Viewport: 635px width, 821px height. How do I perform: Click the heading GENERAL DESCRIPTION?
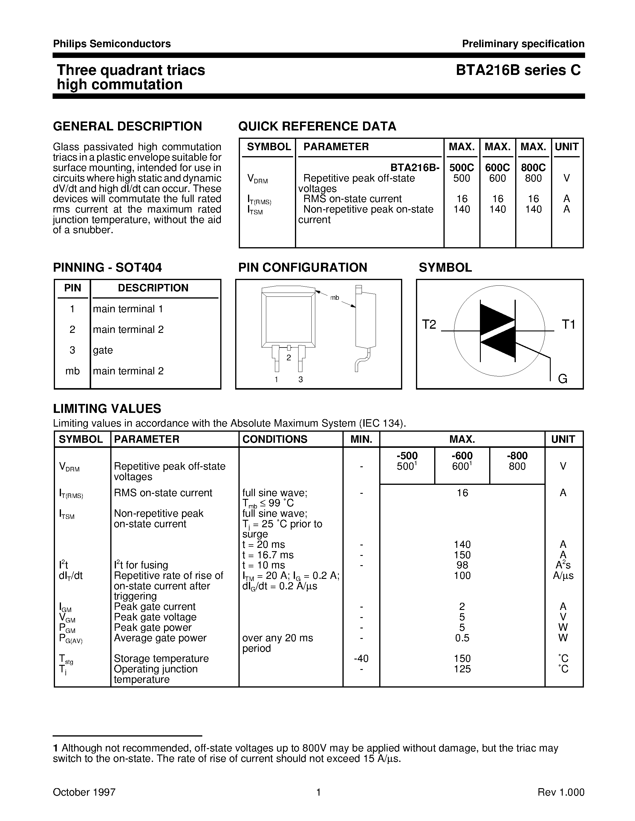pos(128,126)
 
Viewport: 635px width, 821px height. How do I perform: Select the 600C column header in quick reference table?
pos(497,167)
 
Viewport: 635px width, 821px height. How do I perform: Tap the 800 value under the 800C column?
pos(533,178)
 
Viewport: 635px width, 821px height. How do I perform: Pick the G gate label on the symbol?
pos(562,379)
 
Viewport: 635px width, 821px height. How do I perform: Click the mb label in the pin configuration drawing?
pos(334,298)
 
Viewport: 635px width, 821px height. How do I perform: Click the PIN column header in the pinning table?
pos(73,288)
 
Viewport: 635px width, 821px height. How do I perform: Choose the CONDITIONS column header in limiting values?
pos(275,439)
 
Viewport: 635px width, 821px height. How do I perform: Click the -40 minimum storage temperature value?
pos(361,658)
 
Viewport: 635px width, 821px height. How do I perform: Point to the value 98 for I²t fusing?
pos(462,565)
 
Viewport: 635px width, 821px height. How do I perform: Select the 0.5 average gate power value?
pos(462,638)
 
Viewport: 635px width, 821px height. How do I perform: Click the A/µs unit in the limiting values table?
pos(563,576)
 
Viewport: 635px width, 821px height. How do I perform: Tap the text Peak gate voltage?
pos(155,617)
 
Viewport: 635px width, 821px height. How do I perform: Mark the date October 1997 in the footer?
pos(84,792)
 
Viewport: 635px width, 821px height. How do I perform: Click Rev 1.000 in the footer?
pos(561,792)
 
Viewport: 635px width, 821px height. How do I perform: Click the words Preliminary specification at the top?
pos(523,44)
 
